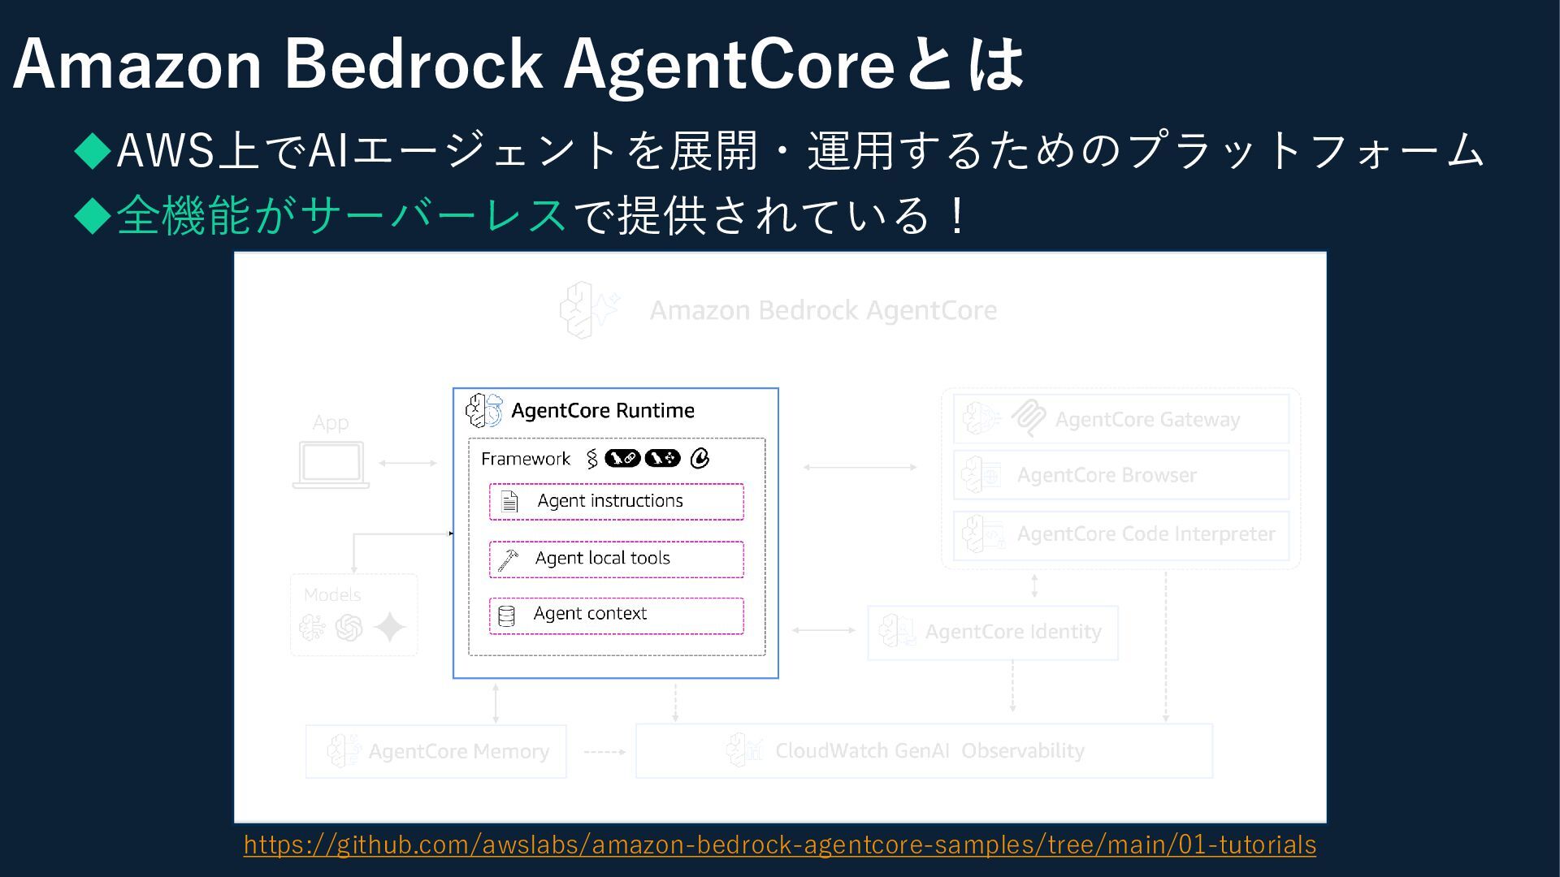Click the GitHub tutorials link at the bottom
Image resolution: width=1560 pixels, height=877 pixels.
(779, 845)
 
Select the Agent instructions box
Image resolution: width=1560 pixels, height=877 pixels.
(616, 501)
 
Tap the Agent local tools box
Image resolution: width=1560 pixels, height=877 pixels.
(616, 559)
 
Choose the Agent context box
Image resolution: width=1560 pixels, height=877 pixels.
(616, 615)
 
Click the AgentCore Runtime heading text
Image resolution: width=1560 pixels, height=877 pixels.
(602, 411)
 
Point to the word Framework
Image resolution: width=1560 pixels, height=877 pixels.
(525, 459)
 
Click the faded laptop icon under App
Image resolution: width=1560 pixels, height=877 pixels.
(331, 465)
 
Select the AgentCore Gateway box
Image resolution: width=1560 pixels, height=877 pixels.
(1120, 419)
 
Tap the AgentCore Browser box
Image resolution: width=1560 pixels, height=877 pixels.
(1120, 475)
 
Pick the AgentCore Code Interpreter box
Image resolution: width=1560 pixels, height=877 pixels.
(1120, 534)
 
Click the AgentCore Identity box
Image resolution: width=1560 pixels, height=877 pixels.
(992, 632)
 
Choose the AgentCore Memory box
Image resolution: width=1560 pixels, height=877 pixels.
(435, 751)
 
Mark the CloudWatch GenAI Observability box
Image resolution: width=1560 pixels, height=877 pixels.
(924, 751)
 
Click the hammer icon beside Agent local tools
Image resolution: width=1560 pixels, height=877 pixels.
(508, 559)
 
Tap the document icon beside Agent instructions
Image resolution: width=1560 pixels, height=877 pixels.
(509, 501)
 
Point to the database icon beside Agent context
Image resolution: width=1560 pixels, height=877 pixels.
(506, 616)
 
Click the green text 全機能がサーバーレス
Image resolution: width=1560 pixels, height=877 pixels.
(341, 216)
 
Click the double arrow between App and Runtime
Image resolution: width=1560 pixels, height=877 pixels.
(408, 463)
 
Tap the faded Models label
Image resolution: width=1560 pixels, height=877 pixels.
(331, 595)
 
